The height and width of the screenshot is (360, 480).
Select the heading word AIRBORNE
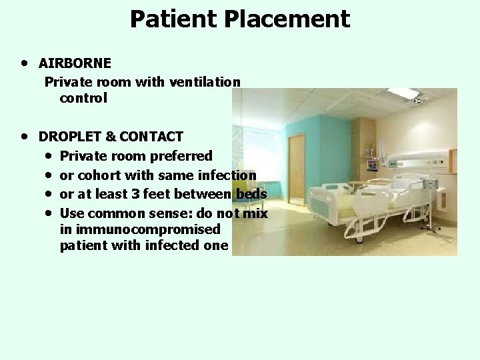[75, 63]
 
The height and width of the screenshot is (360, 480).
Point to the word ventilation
[207, 82]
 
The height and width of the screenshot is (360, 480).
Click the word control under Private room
[83, 98]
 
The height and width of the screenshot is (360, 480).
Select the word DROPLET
[69, 137]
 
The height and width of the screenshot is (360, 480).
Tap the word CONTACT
[153, 137]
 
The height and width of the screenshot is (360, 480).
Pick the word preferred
[184, 157]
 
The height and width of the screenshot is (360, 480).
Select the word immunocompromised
[147, 229]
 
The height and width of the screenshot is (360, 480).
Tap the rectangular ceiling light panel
[404, 93]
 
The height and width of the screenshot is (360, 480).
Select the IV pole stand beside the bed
[436, 200]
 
